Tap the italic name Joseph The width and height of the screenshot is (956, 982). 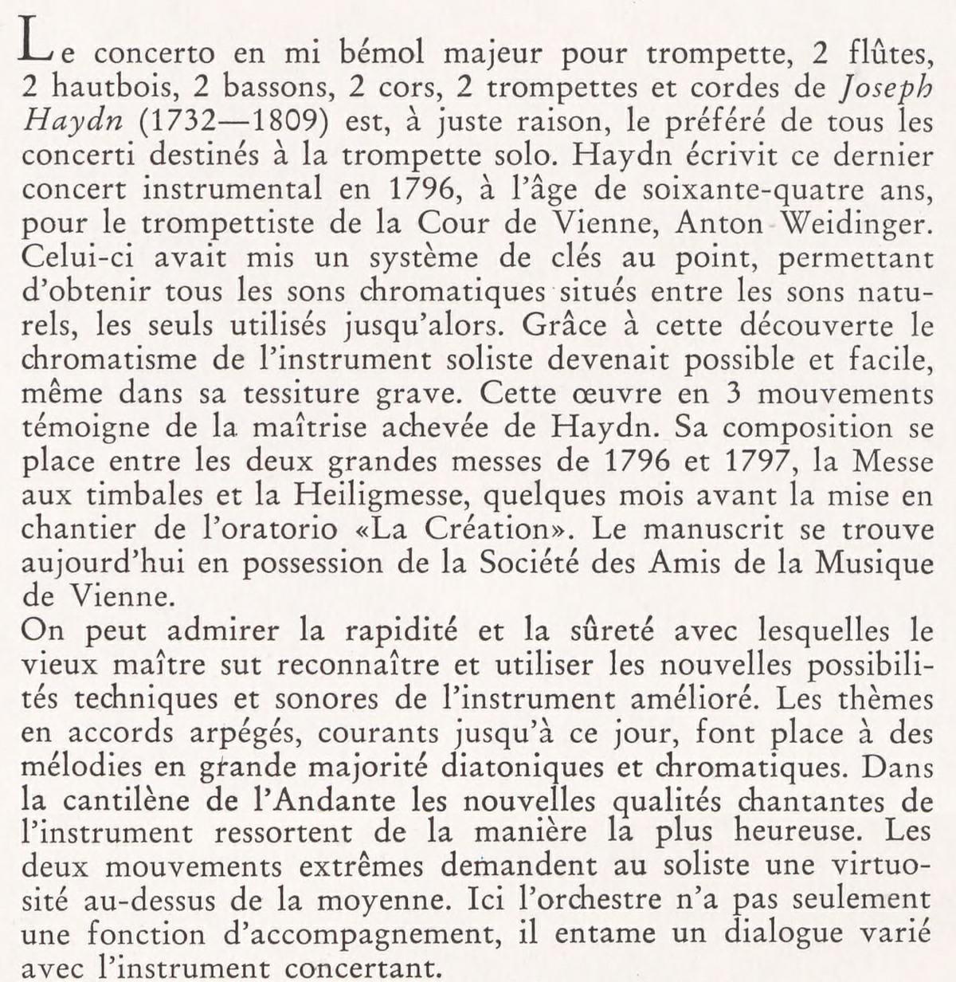pyautogui.click(x=877, y=89)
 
